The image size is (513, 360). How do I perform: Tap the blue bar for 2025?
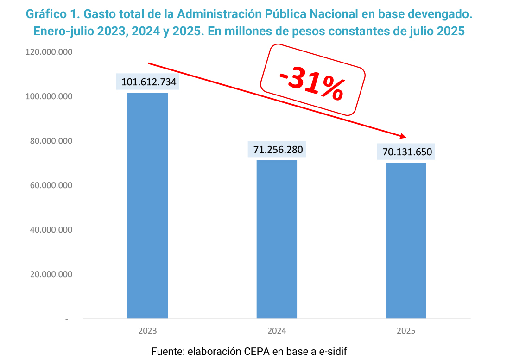406,240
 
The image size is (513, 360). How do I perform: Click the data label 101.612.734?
149,82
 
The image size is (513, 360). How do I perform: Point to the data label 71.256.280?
278,150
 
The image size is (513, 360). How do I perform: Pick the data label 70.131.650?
407,152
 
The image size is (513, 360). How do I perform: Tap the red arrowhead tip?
405,137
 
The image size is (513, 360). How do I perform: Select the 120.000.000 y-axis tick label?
50,52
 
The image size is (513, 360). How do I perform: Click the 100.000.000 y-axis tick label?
50,97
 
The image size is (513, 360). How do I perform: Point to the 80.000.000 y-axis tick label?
51,141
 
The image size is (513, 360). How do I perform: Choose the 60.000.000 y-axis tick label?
51,185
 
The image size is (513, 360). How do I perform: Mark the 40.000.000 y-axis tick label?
51,230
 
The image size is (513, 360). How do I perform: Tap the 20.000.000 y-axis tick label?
51,274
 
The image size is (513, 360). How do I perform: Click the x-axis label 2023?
147,331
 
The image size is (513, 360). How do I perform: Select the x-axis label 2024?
277,331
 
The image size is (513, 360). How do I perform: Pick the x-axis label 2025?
406,331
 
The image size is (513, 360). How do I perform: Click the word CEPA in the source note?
256,351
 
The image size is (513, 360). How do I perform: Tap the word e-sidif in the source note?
332,351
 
